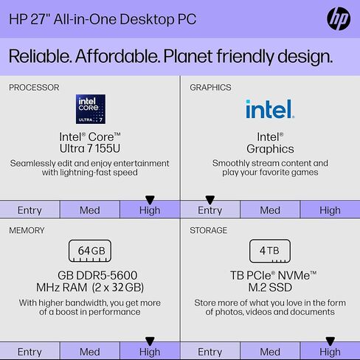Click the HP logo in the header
(x=339, y=18)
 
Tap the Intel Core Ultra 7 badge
(x=91, y=109)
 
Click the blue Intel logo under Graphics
(x=270, y=109)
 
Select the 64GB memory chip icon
(x=90, y=251)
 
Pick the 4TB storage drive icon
(x=270, y=251)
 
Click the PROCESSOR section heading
(x=34, y=88)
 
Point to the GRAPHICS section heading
(x=210, y=88)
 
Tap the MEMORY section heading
(x=27, y=230)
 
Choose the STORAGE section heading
(x=209, y=230)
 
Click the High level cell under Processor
(x=150, y=210)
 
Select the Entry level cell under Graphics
(x=210, y=210)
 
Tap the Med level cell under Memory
(x=90, y=351)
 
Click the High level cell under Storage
(x=330, y=351)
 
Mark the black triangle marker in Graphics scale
(x=210, y=200)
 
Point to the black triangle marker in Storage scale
(x=330, y=341)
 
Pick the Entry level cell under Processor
(x=30, y=210)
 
